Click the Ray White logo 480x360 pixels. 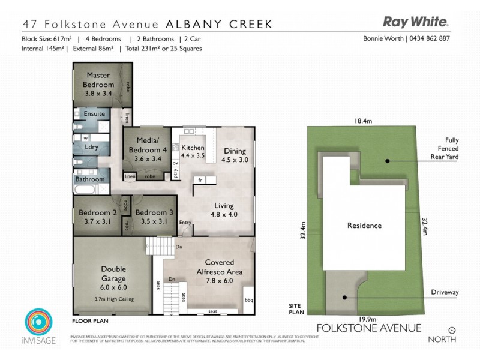[416, 23]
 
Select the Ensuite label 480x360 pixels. [94, 113]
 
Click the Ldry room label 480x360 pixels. [92, 146]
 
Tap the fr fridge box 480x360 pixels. [199, 180]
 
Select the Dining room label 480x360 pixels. [235, 151]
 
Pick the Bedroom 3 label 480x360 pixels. [154, 212]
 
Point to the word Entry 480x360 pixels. [185, 223]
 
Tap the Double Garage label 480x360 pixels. [113, 274]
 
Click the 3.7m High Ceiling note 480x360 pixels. [113, 299]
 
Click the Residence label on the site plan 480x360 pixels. [364, 226]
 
